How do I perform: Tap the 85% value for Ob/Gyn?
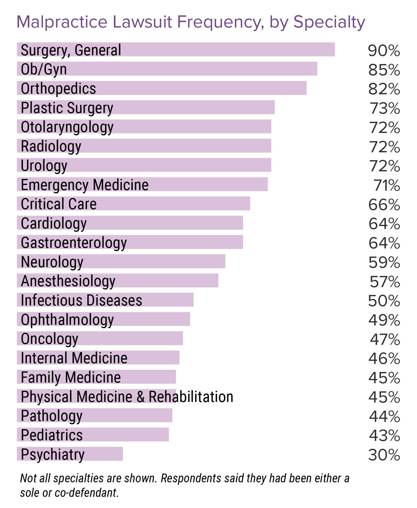384,70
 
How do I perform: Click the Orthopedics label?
58,89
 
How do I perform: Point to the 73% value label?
385,108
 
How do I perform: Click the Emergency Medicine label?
85,185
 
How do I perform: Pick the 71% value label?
387,185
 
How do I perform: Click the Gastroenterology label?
74,243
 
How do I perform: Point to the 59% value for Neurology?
384,262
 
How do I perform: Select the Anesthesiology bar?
166,281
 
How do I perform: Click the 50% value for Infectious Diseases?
384,301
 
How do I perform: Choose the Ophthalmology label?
67,320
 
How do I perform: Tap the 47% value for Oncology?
385,339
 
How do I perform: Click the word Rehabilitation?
191,397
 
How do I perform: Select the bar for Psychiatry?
103,454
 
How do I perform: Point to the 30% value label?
384,455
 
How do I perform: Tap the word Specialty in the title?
329,22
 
